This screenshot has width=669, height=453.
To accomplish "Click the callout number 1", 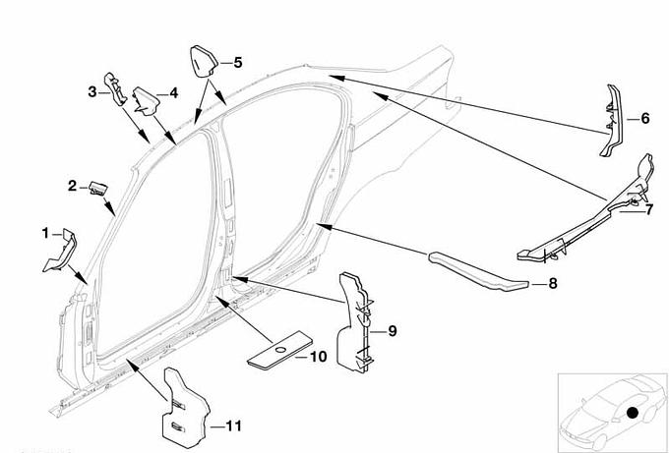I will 44,233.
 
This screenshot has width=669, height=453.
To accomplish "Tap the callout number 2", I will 72,185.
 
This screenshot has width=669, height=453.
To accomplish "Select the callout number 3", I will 91,91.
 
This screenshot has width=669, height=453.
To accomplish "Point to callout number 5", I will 237,62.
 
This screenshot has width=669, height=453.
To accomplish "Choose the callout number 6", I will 644,118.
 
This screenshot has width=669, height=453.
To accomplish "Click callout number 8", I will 552,283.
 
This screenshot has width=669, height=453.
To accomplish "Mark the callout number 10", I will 318,357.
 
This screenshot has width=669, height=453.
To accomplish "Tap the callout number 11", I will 232,425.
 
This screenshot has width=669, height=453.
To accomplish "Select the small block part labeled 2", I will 98,185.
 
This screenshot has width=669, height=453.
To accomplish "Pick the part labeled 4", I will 149,98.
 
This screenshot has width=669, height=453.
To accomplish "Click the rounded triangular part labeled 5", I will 202,63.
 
